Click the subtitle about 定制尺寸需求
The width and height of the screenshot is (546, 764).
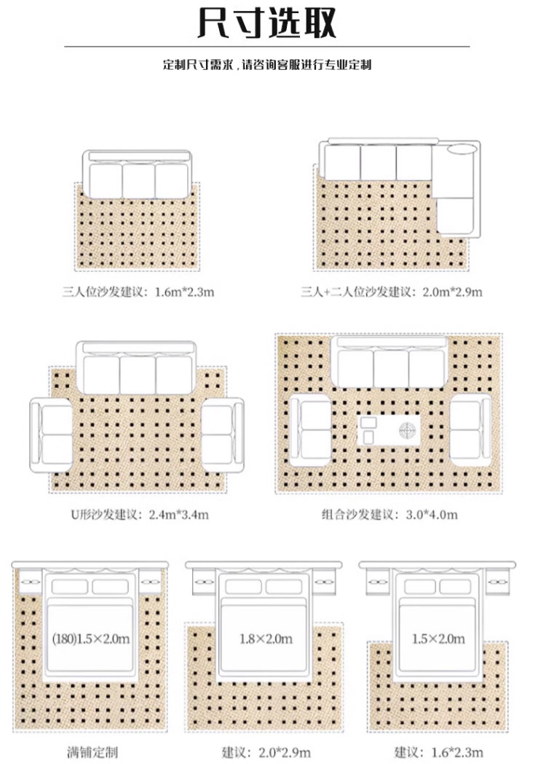[x=267, y=65]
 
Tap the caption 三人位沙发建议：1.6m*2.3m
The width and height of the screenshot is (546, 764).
[x=138, y=292]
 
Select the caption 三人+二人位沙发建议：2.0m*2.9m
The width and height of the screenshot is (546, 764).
[x=392, y=292]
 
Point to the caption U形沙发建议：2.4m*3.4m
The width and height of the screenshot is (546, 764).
[x=139, y=515]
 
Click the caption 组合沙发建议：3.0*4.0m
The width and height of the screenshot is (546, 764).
[x=389, y=515]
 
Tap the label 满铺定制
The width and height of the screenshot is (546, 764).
[x=91, y=752]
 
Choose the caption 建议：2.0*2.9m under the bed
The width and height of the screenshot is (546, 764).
[x=266, y=752]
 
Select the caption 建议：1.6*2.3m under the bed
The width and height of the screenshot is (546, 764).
[x=437, y=752]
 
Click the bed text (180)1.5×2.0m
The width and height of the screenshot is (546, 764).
[x=91, y=639]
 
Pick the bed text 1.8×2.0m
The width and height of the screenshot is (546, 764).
[x=266, y=639]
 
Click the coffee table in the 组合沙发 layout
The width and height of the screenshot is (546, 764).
[x=389, y=429]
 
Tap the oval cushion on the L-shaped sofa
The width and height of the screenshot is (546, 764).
[x=463, y=149]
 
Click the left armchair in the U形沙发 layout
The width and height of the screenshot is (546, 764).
[x=52, y=435]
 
